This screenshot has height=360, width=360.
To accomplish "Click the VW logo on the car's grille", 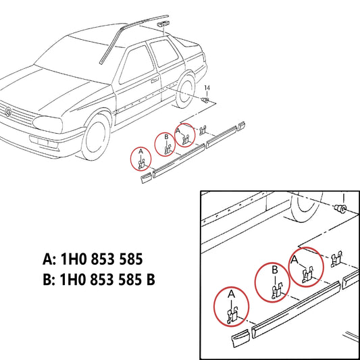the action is [9, 112].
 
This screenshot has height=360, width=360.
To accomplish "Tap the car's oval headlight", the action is [47, 124].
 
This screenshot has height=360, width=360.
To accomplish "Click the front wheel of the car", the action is [96, 137].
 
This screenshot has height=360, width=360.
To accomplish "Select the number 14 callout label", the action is [207, 88].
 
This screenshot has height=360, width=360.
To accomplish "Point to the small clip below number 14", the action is [205, 100].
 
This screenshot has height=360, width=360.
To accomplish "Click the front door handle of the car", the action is [155, 80].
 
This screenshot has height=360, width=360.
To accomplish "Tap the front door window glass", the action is [136, 65].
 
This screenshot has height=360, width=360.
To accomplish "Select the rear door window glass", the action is [163, 53].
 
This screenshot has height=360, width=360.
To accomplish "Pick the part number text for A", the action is [93, 259].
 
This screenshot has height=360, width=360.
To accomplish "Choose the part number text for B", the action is [99, 280].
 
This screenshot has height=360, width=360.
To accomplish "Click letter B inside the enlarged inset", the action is [275, 270].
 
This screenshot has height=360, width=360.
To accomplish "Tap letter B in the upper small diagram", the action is [166, 137].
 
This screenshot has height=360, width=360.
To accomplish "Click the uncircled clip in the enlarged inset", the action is [336, 259].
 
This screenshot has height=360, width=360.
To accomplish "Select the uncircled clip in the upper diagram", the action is [203, 130].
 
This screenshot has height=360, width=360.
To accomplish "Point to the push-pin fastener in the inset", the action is [340, 209].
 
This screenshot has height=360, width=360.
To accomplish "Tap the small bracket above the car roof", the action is [163, 24].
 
